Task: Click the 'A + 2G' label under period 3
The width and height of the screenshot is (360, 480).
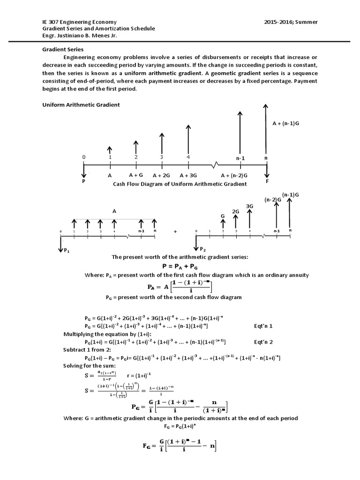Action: point(162,175)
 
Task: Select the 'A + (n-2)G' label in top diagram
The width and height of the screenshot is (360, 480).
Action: point(234,175)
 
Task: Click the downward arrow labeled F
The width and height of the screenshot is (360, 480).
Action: point(266,171)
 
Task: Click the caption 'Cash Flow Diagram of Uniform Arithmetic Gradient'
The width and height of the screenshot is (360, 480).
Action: point(180,184)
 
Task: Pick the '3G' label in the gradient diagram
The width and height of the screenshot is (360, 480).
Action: point(249,206)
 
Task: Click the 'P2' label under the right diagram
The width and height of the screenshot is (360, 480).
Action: point(202,248)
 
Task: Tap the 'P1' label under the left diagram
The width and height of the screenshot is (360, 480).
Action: point(67,251)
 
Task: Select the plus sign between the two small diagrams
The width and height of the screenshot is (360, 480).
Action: point(175,232)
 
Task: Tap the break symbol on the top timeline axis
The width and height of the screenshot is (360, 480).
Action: point(215,164)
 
